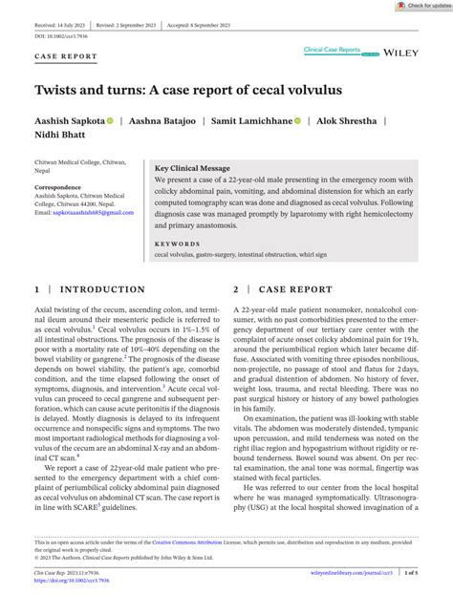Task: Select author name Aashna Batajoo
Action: (170, 121)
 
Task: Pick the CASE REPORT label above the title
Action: (66, 56)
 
